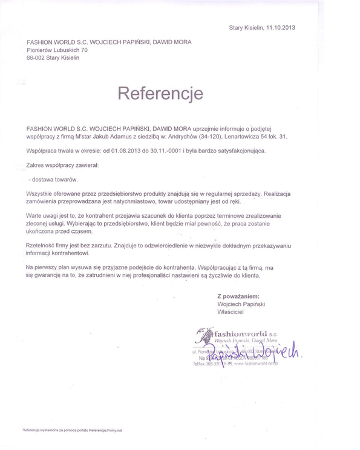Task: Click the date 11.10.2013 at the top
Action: click(x=280, y=28)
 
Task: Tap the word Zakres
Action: click(x=38, y=165)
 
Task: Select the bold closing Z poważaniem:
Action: click(x=238, y=297)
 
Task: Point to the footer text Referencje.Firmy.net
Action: click(x=103, y=430)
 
